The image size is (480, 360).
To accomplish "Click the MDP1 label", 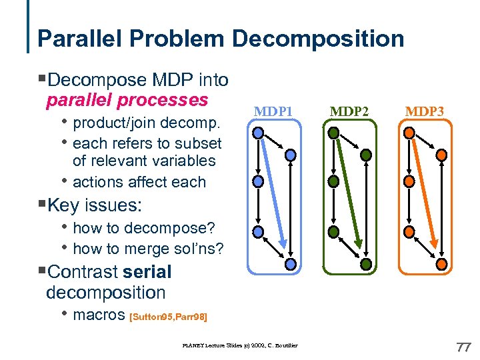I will pos(274,111).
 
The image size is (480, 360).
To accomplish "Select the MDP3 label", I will pos(426,111).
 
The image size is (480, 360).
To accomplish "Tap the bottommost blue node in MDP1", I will pos(290,265).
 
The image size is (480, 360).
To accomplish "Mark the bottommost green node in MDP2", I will pos(365,265).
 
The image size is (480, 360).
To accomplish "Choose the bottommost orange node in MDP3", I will pos(441,265).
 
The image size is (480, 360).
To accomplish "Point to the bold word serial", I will pos(147,272).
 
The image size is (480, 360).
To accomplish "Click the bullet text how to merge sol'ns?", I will pos(148,249).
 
